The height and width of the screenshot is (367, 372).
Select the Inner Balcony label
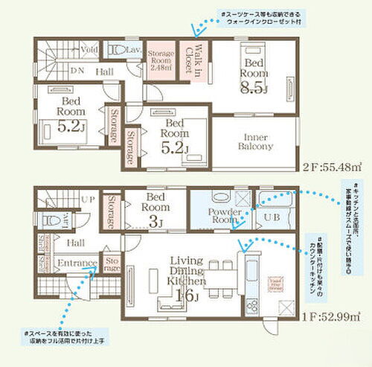[254, 142]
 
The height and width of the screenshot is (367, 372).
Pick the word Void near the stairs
[90, 51]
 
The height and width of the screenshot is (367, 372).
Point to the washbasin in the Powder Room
[221, 198]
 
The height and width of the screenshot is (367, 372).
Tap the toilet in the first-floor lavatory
[49, 221]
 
